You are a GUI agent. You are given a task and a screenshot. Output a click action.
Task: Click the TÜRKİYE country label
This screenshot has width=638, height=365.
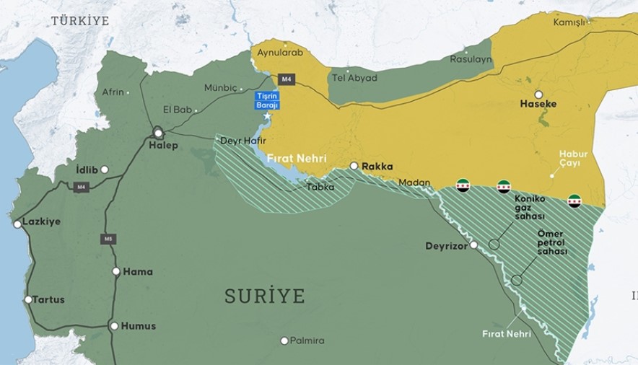(79, 21)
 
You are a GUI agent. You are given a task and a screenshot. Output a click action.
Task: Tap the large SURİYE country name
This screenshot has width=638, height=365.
(264, 296)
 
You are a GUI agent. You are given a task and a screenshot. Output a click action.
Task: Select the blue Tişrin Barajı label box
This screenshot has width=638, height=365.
(266, 101)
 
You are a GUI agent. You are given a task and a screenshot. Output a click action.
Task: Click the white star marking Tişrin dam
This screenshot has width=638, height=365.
(267, 116)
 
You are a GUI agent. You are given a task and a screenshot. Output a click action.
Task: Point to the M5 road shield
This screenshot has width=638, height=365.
(108, 239)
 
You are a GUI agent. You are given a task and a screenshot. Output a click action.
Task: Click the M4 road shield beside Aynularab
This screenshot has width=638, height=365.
(287, 79)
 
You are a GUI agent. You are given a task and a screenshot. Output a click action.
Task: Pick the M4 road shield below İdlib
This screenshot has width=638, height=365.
(82, 187)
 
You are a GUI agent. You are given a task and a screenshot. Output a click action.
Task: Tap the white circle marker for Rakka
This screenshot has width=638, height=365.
(354, 166)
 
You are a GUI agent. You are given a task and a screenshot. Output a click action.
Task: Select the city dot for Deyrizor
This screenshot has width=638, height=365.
(473, 245)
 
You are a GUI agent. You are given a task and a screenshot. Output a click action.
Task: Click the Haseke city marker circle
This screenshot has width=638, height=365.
(538, 94)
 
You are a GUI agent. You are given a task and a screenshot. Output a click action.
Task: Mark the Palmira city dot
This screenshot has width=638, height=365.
(284, 340)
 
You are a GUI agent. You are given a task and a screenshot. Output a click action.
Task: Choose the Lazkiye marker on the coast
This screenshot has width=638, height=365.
(17, 224)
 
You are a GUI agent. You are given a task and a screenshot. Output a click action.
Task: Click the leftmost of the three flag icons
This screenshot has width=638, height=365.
(463, 185)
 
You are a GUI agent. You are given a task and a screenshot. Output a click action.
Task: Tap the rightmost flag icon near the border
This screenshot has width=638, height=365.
(574, 201)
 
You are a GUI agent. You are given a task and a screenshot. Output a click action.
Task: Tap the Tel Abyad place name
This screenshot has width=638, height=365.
(354, 78)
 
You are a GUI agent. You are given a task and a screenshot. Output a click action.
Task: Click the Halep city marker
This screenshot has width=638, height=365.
(158, 133)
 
